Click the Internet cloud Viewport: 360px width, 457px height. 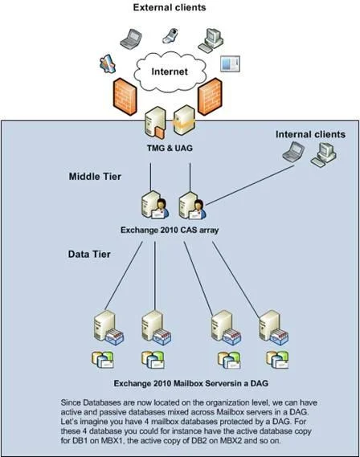click(170, 71)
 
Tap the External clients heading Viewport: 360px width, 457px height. click(170, 7)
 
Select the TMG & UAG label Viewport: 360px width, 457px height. click(170, 148)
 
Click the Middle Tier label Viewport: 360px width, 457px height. click(95, 177)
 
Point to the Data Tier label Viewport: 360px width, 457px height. click(89, 254)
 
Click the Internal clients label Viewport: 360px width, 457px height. click(310, 134)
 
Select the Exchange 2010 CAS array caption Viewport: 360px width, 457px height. click(170, 230)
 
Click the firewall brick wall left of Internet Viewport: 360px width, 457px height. click(125, 96)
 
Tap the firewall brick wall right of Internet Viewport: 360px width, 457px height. click(210, 96)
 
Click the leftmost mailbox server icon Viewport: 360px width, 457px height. click(108, 328)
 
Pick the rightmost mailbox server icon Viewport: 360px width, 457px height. click(274, 328)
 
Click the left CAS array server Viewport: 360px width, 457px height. click(155, 205)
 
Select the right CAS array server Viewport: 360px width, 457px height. click(192, 205)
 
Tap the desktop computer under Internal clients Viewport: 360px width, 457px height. click(324, 155)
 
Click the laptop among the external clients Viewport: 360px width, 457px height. click(131, 39)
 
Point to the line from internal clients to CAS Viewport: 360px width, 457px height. click(250, 185)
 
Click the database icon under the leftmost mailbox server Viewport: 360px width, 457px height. click(102, 359)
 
